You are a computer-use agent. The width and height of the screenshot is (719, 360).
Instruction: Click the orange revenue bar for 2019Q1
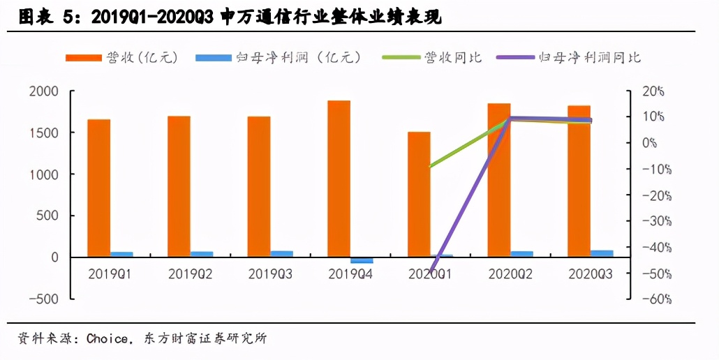[98, 188]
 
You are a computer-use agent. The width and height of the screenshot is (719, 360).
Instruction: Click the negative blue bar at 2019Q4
[362, 260]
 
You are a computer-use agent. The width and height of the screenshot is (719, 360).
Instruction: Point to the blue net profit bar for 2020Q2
[521, 254]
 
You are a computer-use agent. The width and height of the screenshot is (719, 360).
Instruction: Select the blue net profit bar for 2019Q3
[281, 254]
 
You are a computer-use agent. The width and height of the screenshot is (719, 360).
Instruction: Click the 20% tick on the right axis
[653, 91]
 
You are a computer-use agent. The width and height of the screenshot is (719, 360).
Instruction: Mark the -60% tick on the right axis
[656, 299]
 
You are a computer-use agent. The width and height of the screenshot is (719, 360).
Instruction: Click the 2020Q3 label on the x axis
[591, 274]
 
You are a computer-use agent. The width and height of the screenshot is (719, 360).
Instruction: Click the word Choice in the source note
[107, 339]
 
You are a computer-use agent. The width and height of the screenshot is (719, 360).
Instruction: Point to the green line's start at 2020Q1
[430, 167]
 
